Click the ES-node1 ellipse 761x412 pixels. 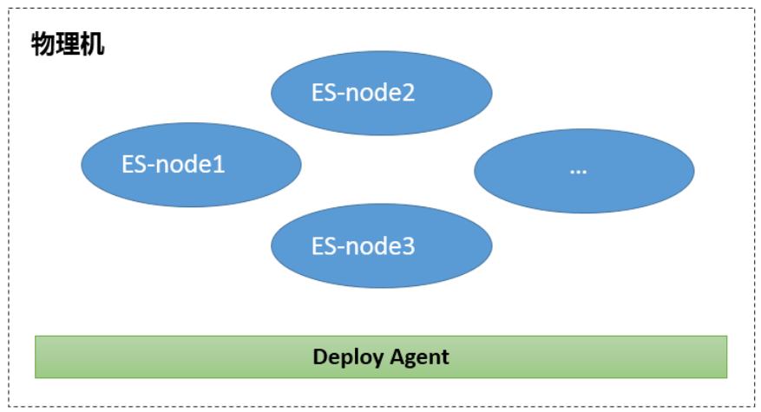(x=191, y=165)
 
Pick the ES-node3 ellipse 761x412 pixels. (x=382, y=246)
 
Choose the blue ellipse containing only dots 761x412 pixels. (x=584, y=170)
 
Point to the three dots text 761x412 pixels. (x=579, y=171)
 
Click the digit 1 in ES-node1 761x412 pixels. (x=220, y=165)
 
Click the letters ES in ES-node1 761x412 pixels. (x=134, y=165)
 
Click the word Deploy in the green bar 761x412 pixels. (x=343, y=356)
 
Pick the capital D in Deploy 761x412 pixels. (x=319, y=356)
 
